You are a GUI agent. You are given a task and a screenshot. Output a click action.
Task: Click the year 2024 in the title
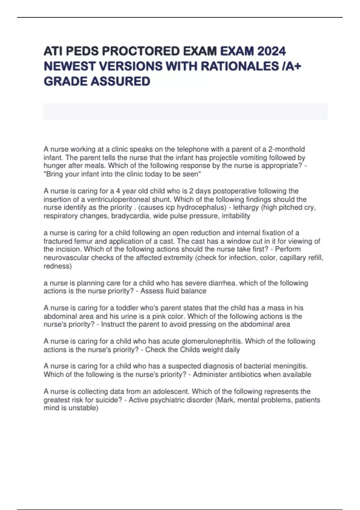point(271,51)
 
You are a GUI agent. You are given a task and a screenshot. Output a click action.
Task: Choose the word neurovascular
point(66,258)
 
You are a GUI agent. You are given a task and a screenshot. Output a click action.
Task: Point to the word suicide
point(106,400)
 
